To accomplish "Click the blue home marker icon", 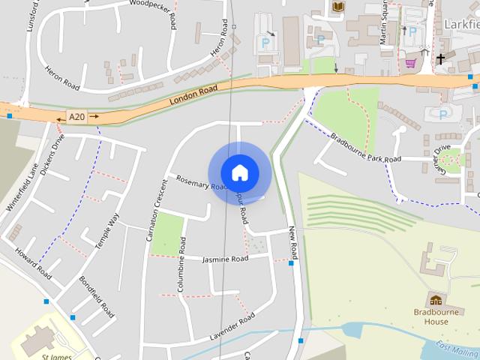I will click(x=239, y=172).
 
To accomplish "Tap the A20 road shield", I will click(x=76, y=117).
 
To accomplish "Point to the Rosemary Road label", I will click(x=200, y=182).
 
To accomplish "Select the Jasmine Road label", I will click(x=225, y=259).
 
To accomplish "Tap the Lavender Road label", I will click(x=232, y=328).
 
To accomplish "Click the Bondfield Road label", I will click(x=97, y=296).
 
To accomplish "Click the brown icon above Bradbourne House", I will click(x=434, y=300).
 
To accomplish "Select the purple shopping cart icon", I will click(x=410, y=63).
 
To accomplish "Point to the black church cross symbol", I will click(x=441, y=58).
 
